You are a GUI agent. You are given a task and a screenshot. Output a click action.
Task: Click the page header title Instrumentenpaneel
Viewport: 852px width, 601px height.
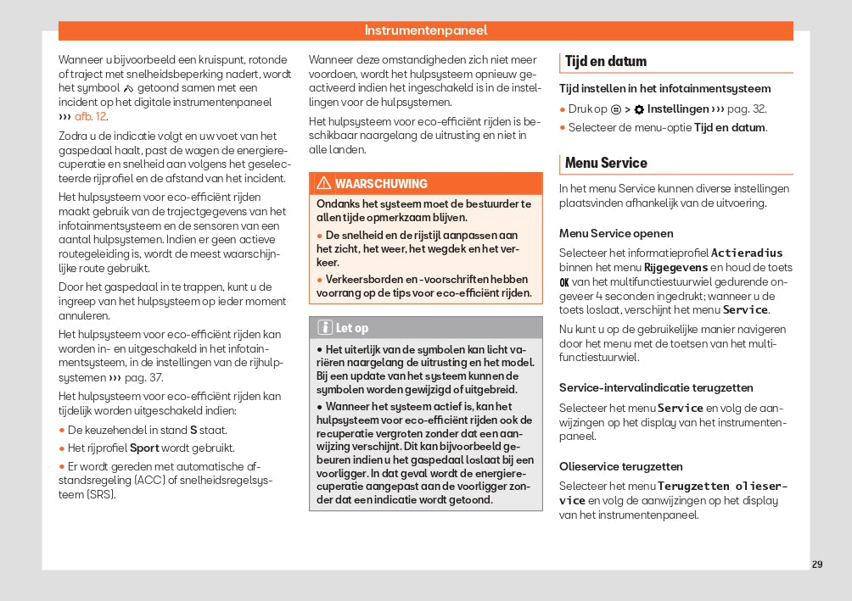pos(425,31)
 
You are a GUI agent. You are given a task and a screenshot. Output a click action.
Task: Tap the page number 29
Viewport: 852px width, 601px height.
pos(816,565)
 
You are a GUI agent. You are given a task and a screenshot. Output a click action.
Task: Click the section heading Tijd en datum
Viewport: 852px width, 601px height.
pos(605,62)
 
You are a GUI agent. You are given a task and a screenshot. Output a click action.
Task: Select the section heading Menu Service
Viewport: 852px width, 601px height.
pos(605,163)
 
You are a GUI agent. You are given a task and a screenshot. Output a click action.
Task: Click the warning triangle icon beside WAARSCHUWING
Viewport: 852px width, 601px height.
pos(323,184)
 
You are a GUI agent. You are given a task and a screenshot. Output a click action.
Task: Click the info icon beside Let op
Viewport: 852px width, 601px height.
pos(324,328)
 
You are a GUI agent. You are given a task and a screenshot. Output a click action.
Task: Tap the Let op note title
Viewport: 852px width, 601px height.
pos(352,328)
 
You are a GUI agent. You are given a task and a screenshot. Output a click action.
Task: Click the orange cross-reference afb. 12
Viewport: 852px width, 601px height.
pos(91,117)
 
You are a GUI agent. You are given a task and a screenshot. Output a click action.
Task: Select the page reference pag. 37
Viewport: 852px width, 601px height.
pos(143,377)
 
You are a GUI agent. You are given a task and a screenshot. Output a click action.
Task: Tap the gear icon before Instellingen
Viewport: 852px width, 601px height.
pos(639,109)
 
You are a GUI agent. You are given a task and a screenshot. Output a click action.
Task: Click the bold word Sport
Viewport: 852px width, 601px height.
pos(144,448)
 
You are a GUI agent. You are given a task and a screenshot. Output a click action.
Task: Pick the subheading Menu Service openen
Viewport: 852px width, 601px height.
pos(616,233)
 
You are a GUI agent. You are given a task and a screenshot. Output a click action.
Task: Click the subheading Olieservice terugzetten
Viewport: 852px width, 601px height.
pos(620,466)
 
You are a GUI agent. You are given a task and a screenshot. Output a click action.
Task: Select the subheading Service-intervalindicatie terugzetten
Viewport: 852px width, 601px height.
pos(656,387)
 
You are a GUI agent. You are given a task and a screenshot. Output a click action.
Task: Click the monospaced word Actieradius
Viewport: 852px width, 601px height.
pos(747,253)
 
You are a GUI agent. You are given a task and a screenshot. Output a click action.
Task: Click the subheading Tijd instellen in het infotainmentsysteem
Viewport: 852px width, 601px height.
pos(664,88)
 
